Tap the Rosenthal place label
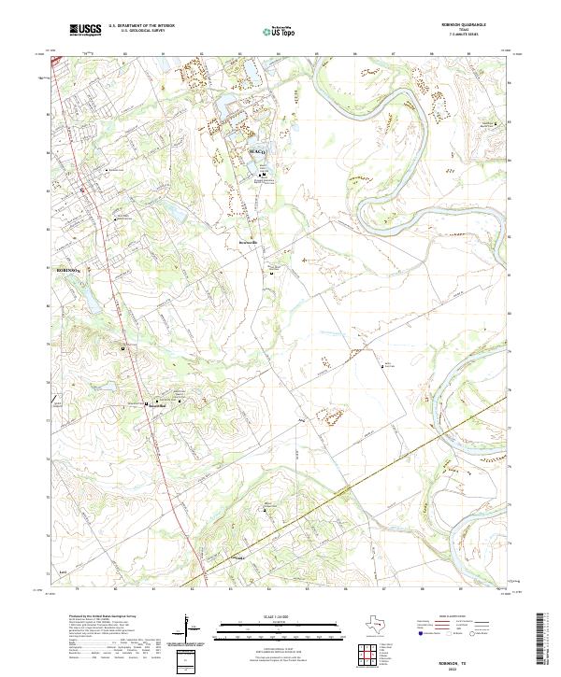[154, 405]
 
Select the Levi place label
[63, 570]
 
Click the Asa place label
[302, 420]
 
